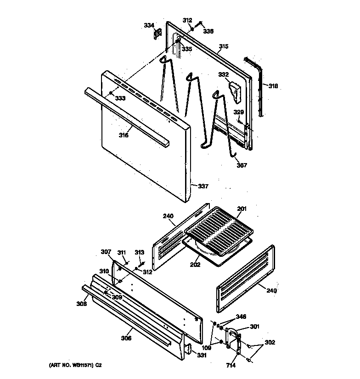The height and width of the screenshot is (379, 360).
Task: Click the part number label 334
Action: [x=148, y=25]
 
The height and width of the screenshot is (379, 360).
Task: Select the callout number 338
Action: [x=209, y=31]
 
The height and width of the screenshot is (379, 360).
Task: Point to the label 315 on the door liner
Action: [x=224, y=46]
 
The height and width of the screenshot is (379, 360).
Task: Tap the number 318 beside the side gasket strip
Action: [x=273, y=85]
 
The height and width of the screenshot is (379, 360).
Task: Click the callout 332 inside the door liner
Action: [x=223, y=74]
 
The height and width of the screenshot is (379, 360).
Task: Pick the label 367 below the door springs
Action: [x=242, y=165]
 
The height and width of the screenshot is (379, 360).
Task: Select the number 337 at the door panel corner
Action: [x=203, y=186]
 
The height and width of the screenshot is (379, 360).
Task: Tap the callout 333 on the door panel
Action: [x=120, y=98]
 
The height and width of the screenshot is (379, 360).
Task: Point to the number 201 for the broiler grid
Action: [x=242, y=209]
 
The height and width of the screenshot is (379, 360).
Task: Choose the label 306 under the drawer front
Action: [x=126, y=339]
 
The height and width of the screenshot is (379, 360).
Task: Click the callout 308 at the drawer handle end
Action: [x=82, y=304]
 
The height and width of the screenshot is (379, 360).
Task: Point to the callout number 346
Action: [x=241, y=317]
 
